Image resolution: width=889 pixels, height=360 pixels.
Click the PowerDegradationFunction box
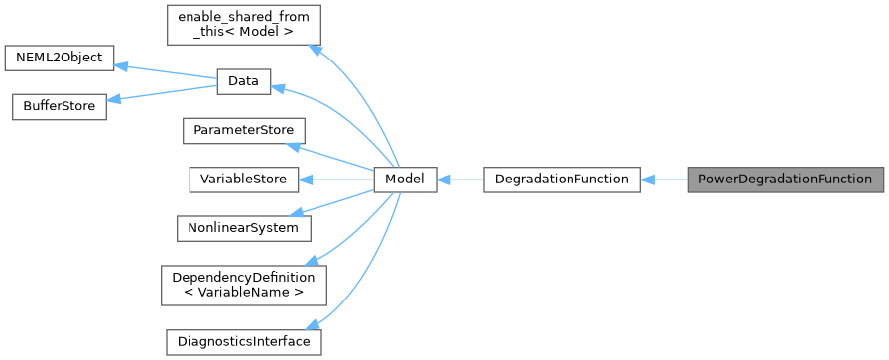(x=784, y=180)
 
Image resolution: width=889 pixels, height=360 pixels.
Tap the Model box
(x=405, y=180)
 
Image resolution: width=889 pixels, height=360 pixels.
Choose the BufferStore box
(x=59, y=106)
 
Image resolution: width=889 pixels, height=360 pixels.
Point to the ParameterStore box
(x=243, y=131)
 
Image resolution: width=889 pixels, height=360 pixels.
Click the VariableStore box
(x=243, y=180)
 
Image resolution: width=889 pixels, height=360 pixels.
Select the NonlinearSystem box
(x=243, y=227)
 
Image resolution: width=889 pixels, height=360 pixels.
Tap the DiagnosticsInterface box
(x=243, y=341)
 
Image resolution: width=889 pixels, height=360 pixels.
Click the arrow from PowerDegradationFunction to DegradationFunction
(x=664, y=180)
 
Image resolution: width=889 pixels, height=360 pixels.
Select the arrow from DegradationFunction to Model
(x=459, y=180)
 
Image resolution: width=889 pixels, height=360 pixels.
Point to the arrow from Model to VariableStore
(x=337, y=180)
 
